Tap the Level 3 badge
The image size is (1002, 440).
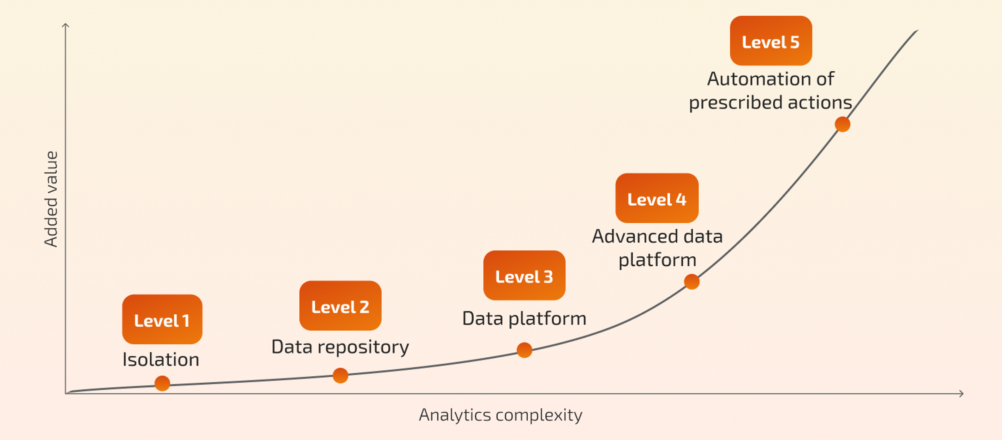coord(524,275)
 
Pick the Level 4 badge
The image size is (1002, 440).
coord(657,198)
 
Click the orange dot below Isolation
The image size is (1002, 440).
coord(162,383)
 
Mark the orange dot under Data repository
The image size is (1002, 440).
coord(340,375)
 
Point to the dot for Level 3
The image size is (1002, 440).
coord(524,350)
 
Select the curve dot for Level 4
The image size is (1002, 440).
coord(691,282)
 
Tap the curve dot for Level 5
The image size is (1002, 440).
coord(842,124)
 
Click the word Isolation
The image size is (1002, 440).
coord(161,359)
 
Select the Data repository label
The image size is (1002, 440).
coord(340,347)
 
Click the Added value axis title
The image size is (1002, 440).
coord(51,199)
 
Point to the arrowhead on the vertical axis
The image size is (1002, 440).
coord(65,25)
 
